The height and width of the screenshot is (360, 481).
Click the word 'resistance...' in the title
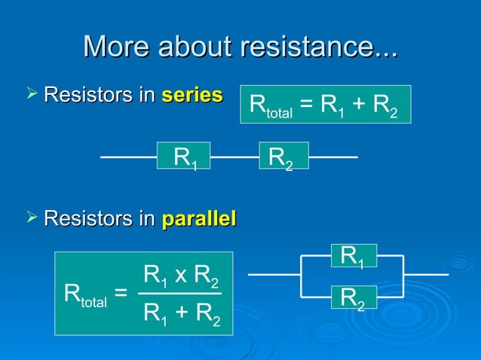317,47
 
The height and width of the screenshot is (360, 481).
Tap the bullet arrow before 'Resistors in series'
30,95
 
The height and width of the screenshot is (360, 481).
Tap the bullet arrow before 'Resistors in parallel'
30,218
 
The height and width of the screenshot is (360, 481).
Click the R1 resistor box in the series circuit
184,157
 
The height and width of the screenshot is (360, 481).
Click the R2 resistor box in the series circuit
283,157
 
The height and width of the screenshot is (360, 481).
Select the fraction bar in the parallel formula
180,293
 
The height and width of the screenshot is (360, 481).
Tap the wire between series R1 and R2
234,157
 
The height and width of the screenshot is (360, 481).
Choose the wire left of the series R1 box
128,157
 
